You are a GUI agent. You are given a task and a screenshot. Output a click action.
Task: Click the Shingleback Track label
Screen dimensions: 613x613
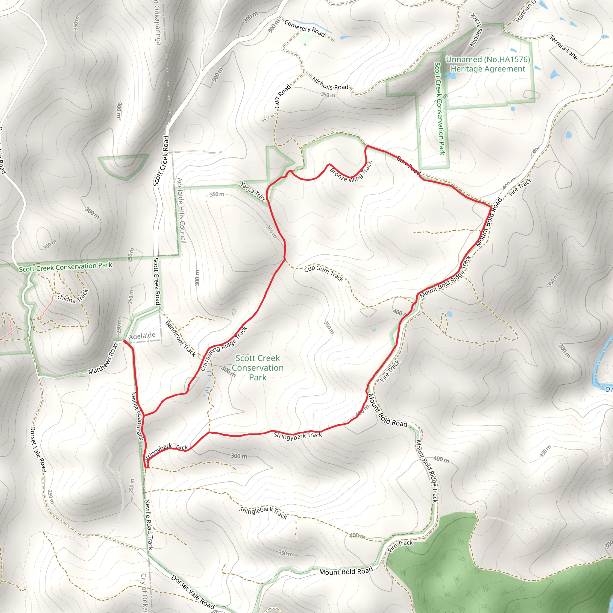tap(263, 512)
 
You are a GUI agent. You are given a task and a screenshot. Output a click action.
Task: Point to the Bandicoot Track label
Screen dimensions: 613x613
tap(180, 339)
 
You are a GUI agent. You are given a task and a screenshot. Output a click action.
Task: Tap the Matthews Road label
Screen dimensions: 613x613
tap(103, 359)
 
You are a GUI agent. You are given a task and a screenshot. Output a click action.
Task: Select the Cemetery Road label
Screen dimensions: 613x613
tap(305, 28)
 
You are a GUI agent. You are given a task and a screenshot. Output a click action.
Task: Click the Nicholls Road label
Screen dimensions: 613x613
tap(330, 84)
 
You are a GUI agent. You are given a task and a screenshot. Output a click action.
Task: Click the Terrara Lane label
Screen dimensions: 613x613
tap(564, 47)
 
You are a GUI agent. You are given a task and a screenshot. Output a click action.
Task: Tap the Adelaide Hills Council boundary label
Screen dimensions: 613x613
tap(181, 211)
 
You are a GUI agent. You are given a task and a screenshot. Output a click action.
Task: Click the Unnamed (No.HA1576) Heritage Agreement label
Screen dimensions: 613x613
tap(488, 64)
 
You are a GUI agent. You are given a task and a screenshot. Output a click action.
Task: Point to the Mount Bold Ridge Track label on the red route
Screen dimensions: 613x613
tap(445, 277)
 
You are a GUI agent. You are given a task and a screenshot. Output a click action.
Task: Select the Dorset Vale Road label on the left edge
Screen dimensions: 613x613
tap(38, 449)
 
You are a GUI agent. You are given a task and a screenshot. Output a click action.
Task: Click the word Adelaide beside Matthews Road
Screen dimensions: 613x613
tap(142, 335)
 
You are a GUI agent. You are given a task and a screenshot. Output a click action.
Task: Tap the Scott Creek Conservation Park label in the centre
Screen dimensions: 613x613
tap(258, 368)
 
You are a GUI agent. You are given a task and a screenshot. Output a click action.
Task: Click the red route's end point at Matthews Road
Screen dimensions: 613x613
tap(125, 342)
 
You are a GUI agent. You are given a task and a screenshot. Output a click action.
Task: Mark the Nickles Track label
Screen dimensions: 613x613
tap(476, 31)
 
